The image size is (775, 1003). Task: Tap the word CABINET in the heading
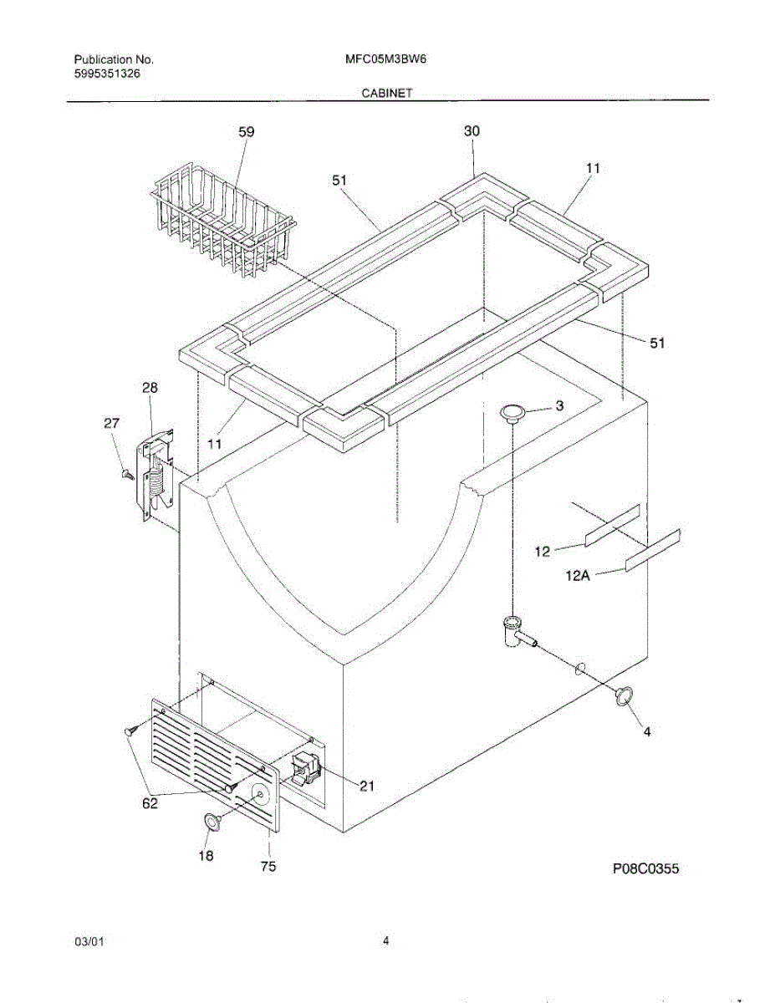pyautogui.click(x=386, y=94)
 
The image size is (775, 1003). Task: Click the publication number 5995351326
pyautogui.click(x=108, y=74)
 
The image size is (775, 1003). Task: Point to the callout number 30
pyautogui.click(x=472, y=131)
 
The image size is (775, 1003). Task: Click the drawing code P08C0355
pyautogui.click(x=645, y=868)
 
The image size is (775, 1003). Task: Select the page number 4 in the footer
pyautogui.click(x=386, y=941)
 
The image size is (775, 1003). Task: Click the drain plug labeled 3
pyautogui.click(x=512, y=411)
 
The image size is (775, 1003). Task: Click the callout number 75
pyautogui.click(x=268, y=867)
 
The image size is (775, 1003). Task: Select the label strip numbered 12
pyautogui.click(x=612, y=525)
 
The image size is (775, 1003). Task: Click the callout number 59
pyautogui.click(x=246, y=132)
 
